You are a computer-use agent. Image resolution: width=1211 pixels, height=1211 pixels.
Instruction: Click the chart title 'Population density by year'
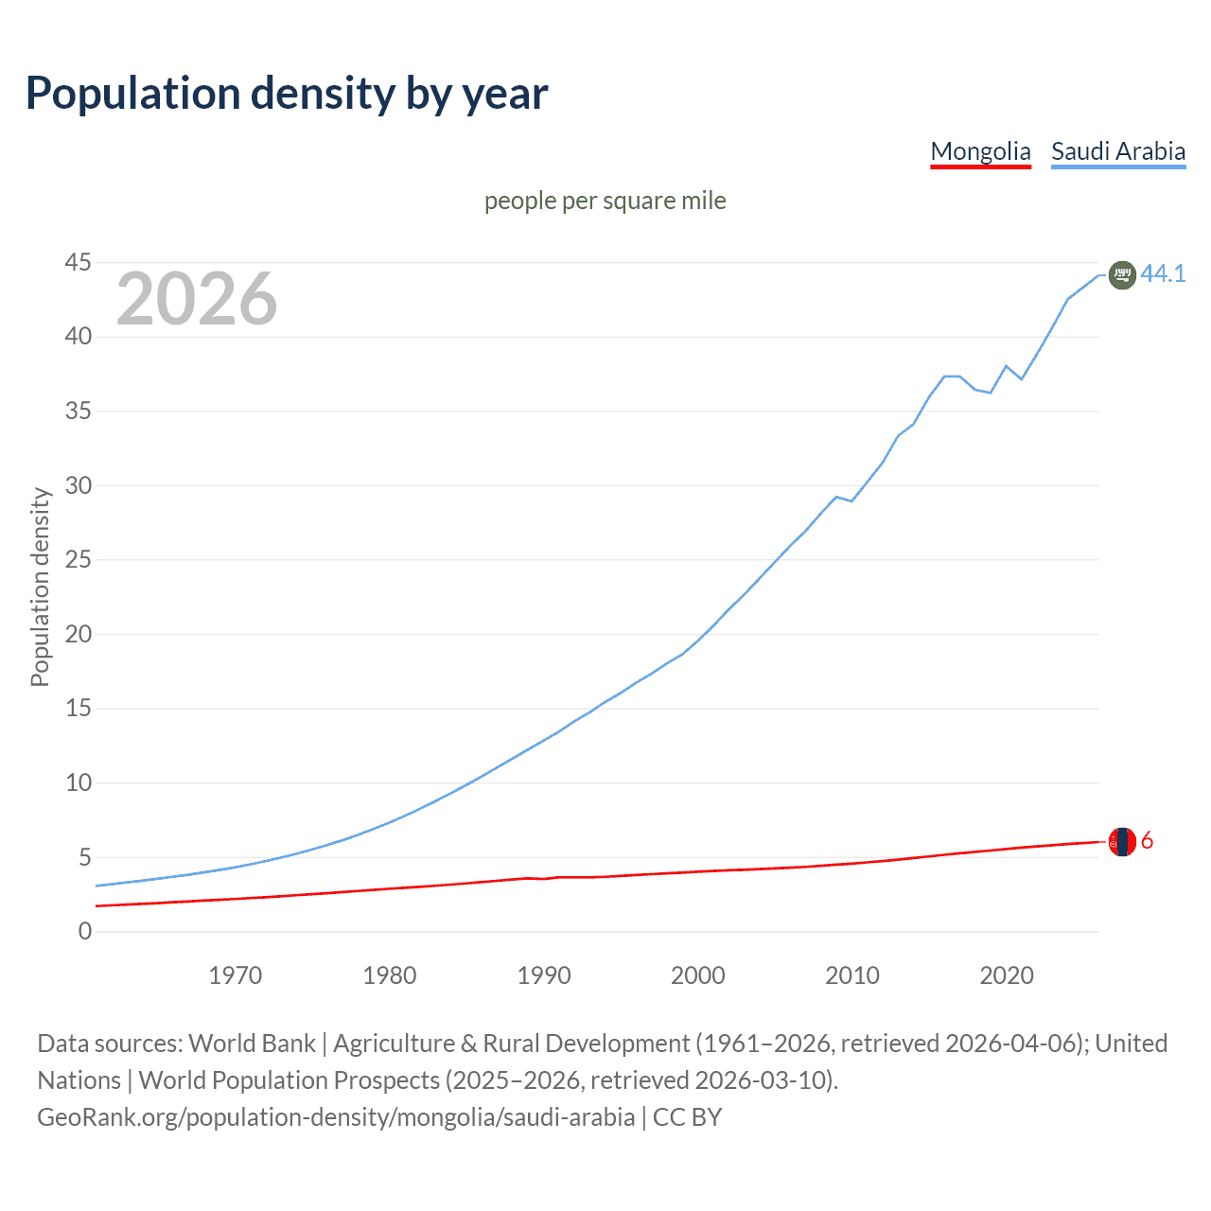(287, 94)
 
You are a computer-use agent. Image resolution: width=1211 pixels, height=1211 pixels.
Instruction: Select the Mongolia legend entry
(980, 151)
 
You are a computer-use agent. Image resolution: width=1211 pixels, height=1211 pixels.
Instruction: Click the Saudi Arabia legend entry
(1117, 151)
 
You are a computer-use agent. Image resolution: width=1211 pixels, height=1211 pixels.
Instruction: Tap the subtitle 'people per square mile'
(605, 201)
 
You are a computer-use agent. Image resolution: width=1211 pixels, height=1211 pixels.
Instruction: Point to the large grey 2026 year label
(197, 299)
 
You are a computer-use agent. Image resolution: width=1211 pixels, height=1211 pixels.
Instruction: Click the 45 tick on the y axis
(79, 262)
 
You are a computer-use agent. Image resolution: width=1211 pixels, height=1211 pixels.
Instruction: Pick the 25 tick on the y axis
(79, 559)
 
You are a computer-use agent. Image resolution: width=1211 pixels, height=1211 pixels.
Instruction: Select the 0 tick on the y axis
(85, 931)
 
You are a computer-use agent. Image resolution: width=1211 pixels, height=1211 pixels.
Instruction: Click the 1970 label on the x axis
(235, 975)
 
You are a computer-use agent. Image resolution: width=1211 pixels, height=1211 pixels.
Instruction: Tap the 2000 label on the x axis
(697, 975)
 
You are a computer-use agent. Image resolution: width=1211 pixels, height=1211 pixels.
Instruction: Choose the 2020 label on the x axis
(1006, 975)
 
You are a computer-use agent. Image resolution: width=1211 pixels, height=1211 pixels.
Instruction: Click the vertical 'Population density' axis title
(40, 587)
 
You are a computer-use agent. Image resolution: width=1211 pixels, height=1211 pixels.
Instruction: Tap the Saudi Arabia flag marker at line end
(1121, 274)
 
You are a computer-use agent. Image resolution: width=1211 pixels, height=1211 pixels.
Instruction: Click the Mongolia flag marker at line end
(1122, 841)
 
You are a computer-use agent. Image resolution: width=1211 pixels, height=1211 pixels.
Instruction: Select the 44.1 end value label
(1163, 273)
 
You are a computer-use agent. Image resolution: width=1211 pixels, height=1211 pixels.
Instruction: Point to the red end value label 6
(1147, 840)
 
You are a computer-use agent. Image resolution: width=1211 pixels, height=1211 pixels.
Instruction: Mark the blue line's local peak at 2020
(1006, 365)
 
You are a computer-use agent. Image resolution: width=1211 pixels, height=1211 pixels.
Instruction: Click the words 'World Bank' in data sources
(252, 1044)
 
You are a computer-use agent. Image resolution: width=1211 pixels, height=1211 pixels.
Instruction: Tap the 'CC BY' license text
(688, 1117)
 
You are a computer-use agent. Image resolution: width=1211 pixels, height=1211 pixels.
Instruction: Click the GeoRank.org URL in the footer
(336, 1117)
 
